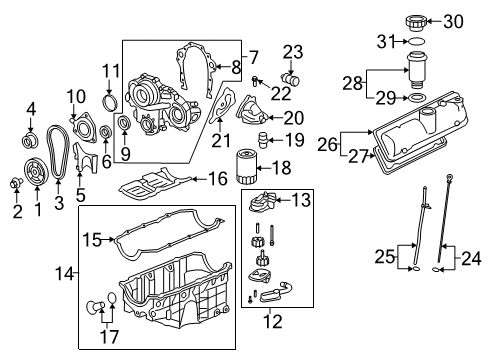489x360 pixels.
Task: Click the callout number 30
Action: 455,20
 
